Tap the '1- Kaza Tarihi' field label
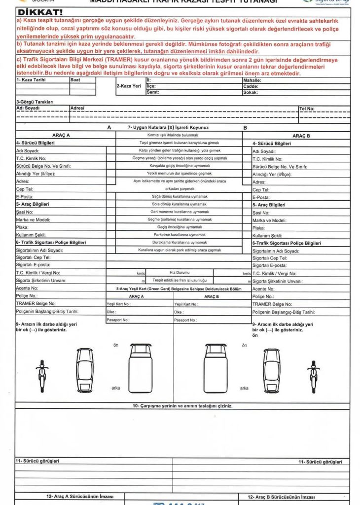[x=31, y=79]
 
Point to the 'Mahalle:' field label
[x=252, y=79]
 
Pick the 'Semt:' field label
[x=153, y=92]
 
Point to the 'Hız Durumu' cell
[x=180, y=272]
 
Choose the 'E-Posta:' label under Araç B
[x=261, y=197]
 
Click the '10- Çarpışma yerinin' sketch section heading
[x=182, y=406]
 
